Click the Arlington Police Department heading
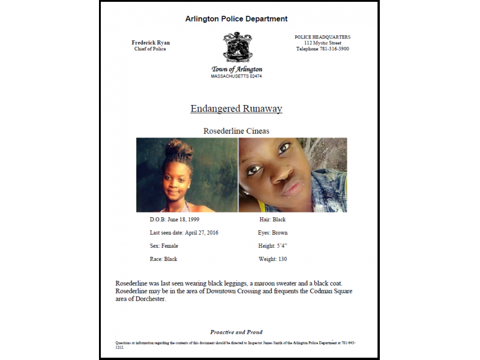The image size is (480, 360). (236, 19)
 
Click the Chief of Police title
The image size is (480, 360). (150, 49)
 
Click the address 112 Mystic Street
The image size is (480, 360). (322, 43)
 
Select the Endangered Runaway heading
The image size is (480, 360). (236, 109)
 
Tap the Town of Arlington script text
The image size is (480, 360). (236, 70)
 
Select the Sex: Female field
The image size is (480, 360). (164, 246)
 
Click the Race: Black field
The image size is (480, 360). (163, 259)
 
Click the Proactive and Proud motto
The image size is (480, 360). (236, 332)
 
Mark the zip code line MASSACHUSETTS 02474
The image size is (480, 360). (236, 77)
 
